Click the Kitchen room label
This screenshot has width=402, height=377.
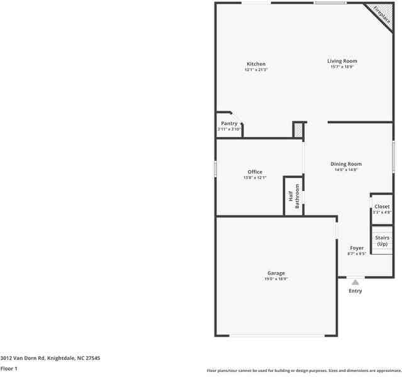point(255,64)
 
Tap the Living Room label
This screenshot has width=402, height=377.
point(342,61)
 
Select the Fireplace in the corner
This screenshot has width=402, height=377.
point(382,15)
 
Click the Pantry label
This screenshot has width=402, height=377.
point(228,124)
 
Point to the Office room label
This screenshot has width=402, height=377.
point(255,172)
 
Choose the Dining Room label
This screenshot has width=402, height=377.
point(346,164)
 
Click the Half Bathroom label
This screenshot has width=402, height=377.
point(294,195)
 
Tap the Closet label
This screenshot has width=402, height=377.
point(382,206)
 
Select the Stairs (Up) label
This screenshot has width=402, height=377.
point(382,241)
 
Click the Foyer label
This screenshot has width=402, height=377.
point(357,248)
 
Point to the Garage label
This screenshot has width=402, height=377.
point(276,273)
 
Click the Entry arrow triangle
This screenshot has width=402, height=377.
point(355,282)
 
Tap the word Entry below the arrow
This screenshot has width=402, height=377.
point(355,291)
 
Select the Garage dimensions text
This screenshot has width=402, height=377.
point(276,278)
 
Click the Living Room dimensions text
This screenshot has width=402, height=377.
point(342,67)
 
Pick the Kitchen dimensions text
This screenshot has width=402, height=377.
point(255,70)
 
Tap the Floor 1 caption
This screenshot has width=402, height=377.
point(9,369)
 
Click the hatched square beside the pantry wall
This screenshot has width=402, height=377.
point(298,129)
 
